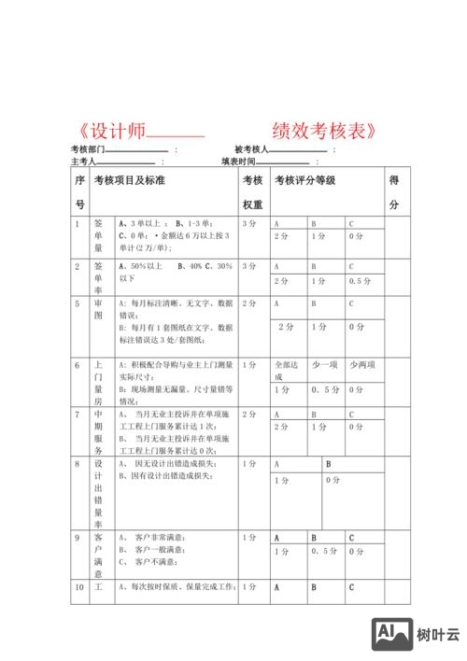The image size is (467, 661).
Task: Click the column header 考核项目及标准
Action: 130,179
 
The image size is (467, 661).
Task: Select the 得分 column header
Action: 394,191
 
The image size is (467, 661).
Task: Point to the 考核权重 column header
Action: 252,191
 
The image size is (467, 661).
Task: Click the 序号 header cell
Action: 80,191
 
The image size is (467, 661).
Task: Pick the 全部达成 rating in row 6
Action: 283,371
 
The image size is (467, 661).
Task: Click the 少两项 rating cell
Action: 361,365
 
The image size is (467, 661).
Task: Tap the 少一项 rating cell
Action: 323,365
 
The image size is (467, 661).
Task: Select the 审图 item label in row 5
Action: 98,310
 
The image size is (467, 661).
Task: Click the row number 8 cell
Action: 78,464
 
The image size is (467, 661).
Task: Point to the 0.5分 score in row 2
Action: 361,281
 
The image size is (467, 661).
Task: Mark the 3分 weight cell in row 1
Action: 249,224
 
